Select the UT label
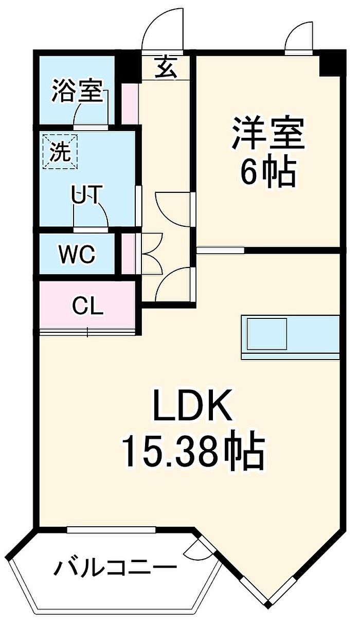click(85, 194)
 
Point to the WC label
click(77, 254)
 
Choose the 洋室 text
click(268, 134)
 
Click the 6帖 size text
click(268, 173)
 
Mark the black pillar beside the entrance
click(129, 68)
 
